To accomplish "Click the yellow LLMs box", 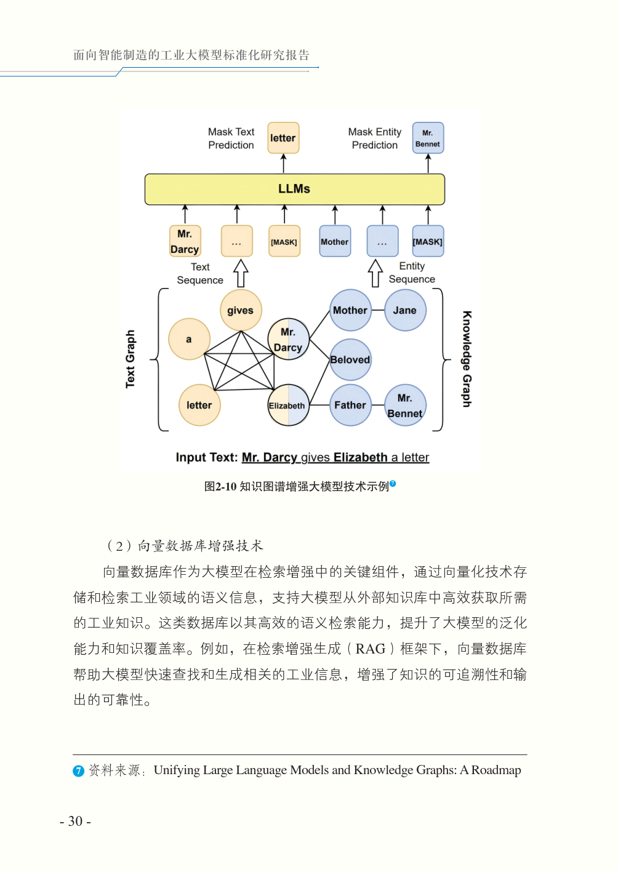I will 294,189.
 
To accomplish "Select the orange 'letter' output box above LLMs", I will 283,138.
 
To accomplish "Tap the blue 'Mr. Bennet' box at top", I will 428,138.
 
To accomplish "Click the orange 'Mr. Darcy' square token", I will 185,241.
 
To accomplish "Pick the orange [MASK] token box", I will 284,241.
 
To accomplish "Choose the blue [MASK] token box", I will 428,241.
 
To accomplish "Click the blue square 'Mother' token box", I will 335,241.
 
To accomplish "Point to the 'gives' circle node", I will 240,310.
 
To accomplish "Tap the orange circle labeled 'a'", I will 189,339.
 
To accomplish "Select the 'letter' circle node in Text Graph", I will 199,405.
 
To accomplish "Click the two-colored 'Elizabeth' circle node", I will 287,405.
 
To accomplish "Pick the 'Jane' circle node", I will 405,310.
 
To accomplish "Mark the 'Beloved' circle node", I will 350,359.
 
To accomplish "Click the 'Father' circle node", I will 350,405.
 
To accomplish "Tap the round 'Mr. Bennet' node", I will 405,405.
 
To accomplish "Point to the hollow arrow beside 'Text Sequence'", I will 241,273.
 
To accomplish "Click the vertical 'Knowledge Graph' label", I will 467,359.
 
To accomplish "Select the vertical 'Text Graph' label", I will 130,359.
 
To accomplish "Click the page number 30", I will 75,821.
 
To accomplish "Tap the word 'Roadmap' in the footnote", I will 496,770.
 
